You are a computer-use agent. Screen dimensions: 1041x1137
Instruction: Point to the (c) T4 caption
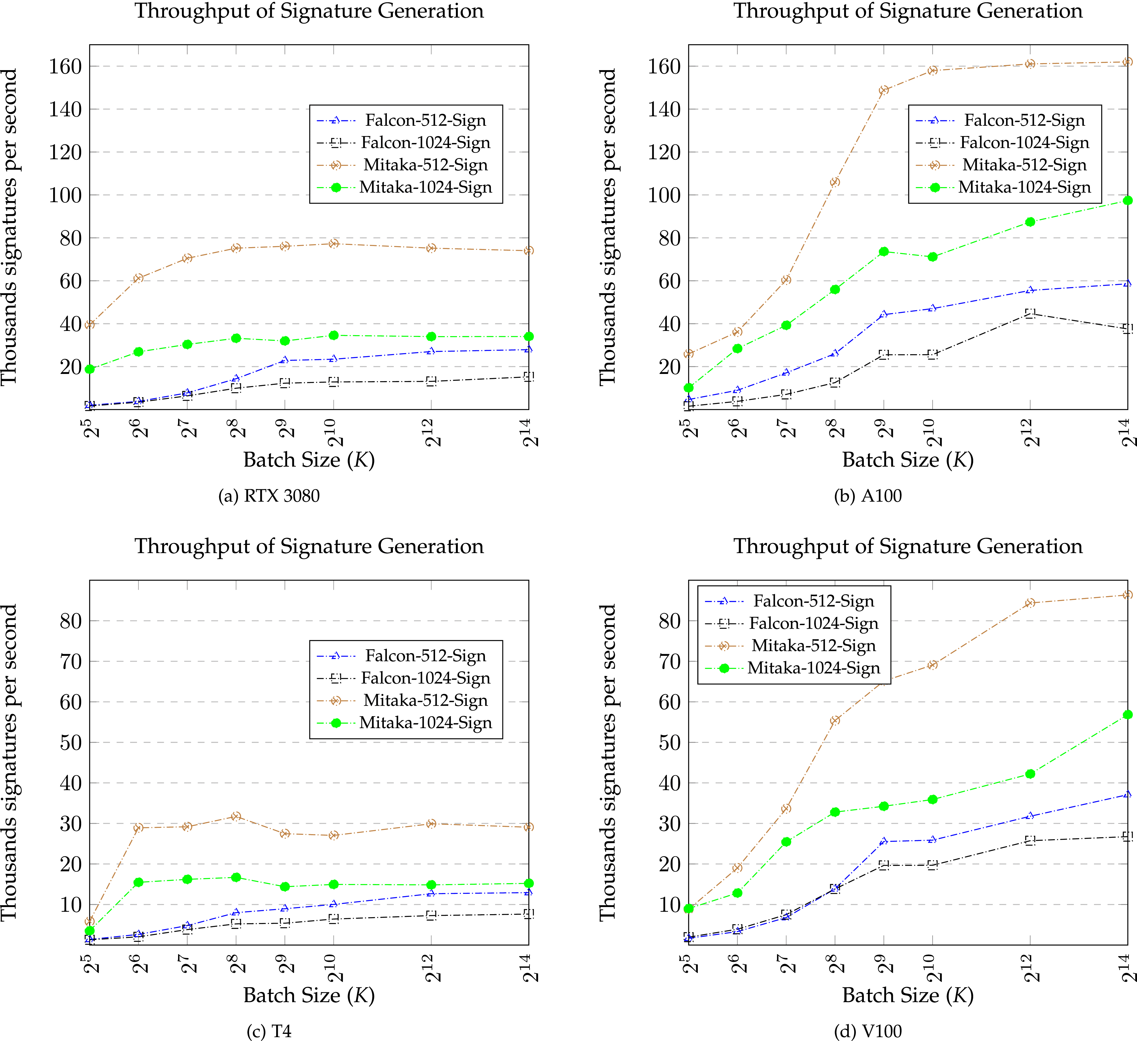coord(269,1031)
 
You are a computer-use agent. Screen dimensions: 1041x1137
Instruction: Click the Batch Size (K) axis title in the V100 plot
coord(907,995)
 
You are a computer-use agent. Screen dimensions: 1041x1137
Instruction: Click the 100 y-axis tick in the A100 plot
coord(664,195)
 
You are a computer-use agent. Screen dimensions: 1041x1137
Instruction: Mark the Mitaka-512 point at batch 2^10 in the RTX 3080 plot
coord(333,244)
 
